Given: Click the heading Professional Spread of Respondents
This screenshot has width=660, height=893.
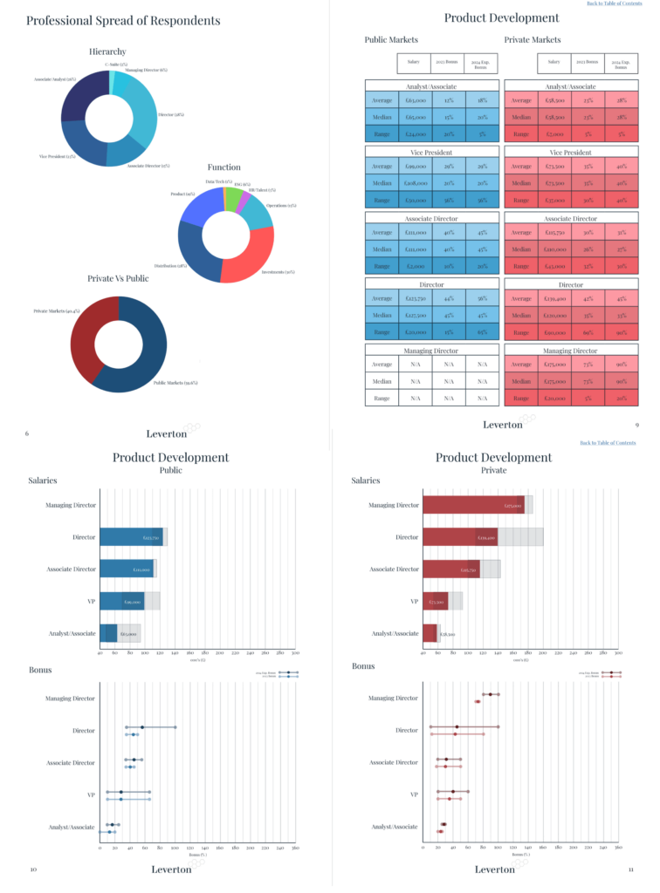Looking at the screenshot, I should tap(123, 20).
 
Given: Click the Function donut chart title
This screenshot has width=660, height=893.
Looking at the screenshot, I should tap(224, 167).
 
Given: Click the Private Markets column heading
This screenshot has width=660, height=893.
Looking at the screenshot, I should tap(533, 40).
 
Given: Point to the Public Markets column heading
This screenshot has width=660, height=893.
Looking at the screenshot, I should tap(391, 40).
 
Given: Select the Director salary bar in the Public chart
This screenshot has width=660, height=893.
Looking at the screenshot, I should tap(131, 537).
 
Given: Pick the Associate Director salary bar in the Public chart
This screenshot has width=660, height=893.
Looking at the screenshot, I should tap(127, 569).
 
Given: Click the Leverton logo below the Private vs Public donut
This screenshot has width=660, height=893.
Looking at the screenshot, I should tap(174, 430).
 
